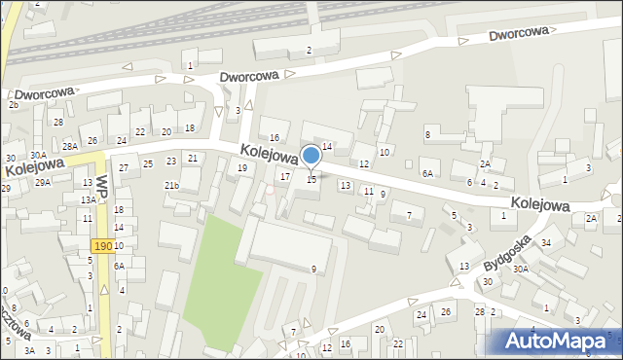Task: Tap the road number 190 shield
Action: [x=102, y=247]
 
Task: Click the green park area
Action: [x=219, y=278]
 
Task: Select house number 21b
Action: [x=171, y=186]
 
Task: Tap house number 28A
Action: [x=70, y=146]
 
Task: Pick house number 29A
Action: [x=43, y=182]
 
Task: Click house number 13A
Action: [x=88, y=199]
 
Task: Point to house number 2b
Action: [x=14, y=104]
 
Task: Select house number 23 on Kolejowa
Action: [x=171, y=162]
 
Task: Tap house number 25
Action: [x=148, y=163]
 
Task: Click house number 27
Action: [x=124, y=168]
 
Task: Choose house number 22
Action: [x=140, y=132]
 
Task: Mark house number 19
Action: [x=242, y=168]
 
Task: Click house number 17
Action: [x=284, y=177]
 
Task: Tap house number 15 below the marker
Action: [x=311, y=180]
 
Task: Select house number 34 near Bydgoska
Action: [x=546, y=242]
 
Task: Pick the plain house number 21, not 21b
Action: [x=193, y=158]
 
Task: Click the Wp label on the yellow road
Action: [x=101, y=186]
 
